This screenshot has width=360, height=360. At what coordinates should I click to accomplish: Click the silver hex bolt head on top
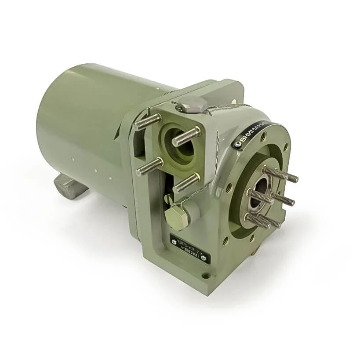192,105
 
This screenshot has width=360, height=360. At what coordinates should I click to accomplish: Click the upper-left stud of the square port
147,122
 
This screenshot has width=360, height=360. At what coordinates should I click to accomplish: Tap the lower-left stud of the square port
149,167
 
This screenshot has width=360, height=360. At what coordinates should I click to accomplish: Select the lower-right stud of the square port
186,182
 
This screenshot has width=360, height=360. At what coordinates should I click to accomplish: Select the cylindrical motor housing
84,127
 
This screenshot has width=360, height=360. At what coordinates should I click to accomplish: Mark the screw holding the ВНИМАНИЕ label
237,144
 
